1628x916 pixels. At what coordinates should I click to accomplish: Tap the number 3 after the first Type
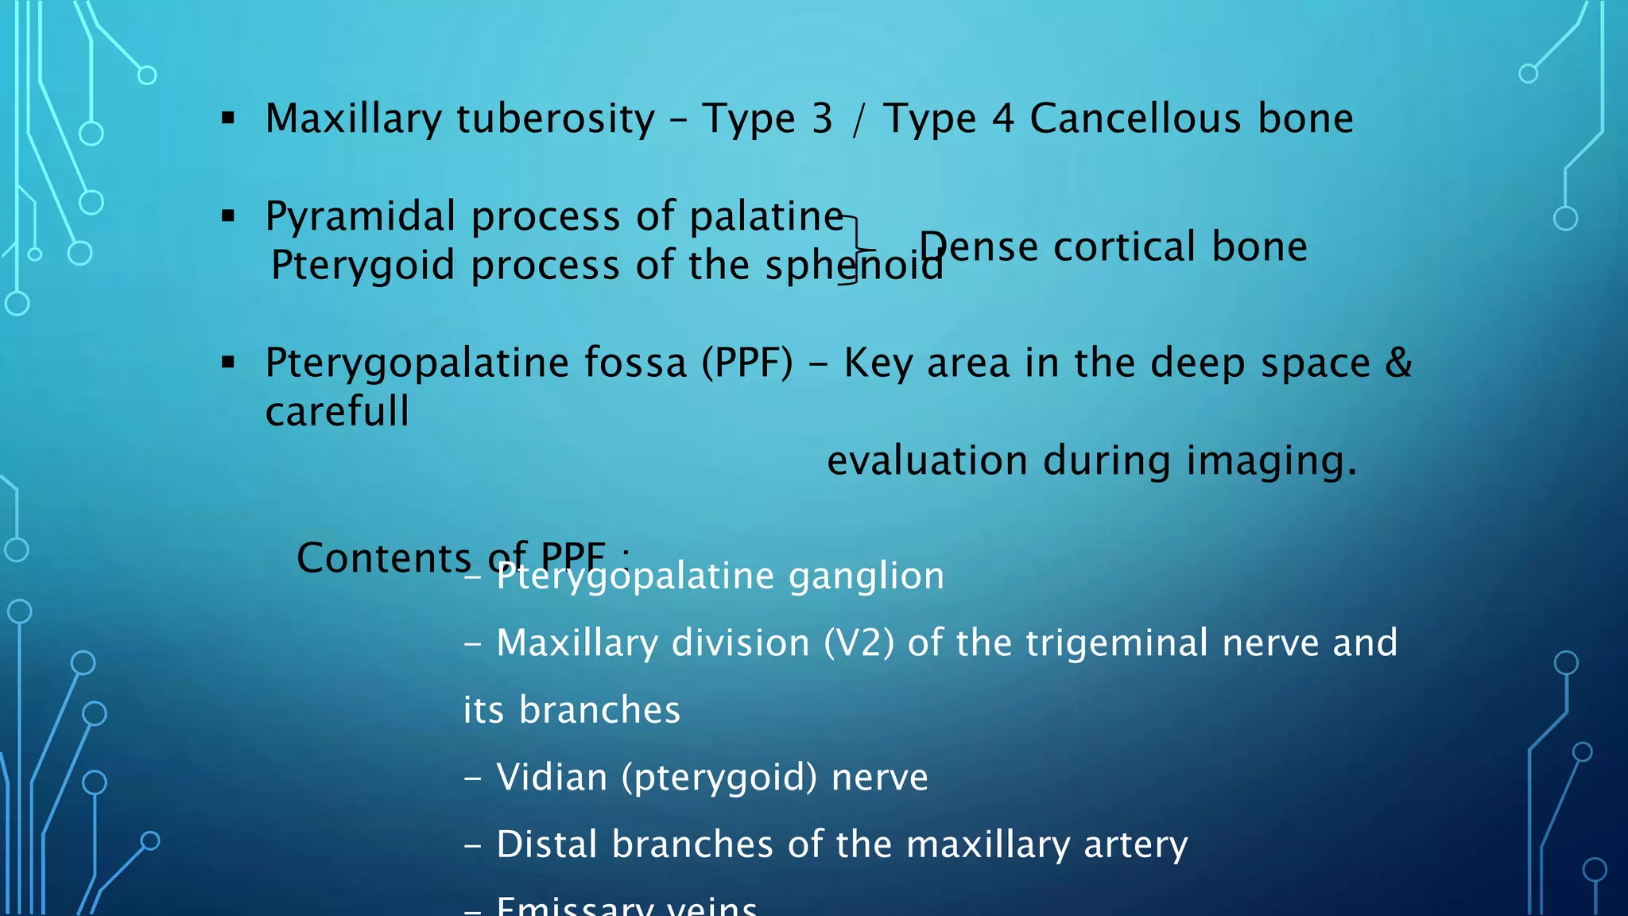pyautogui.click(x=822, y=118)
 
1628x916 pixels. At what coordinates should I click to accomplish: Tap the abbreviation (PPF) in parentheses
pyautogui.click(x=746, y=363)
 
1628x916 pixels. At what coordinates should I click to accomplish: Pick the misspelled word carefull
pyautogui.click(x=337, y=412)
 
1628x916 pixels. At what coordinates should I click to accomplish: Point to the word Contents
pyautogui.click(x=383, y=558)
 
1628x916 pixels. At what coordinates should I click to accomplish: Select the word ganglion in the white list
pyautogui.click(x=866, y=576)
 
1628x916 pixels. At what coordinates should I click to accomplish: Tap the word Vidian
pyautogui.click(x=552, y=777)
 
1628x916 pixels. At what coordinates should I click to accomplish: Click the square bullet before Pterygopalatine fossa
pyautogui.click(x=229, y=363)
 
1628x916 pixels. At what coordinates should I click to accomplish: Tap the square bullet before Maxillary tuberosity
pyautogui.click(x=229, y=119)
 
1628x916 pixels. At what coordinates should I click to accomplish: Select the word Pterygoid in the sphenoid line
pyautogui.click(x=362, y=266)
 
